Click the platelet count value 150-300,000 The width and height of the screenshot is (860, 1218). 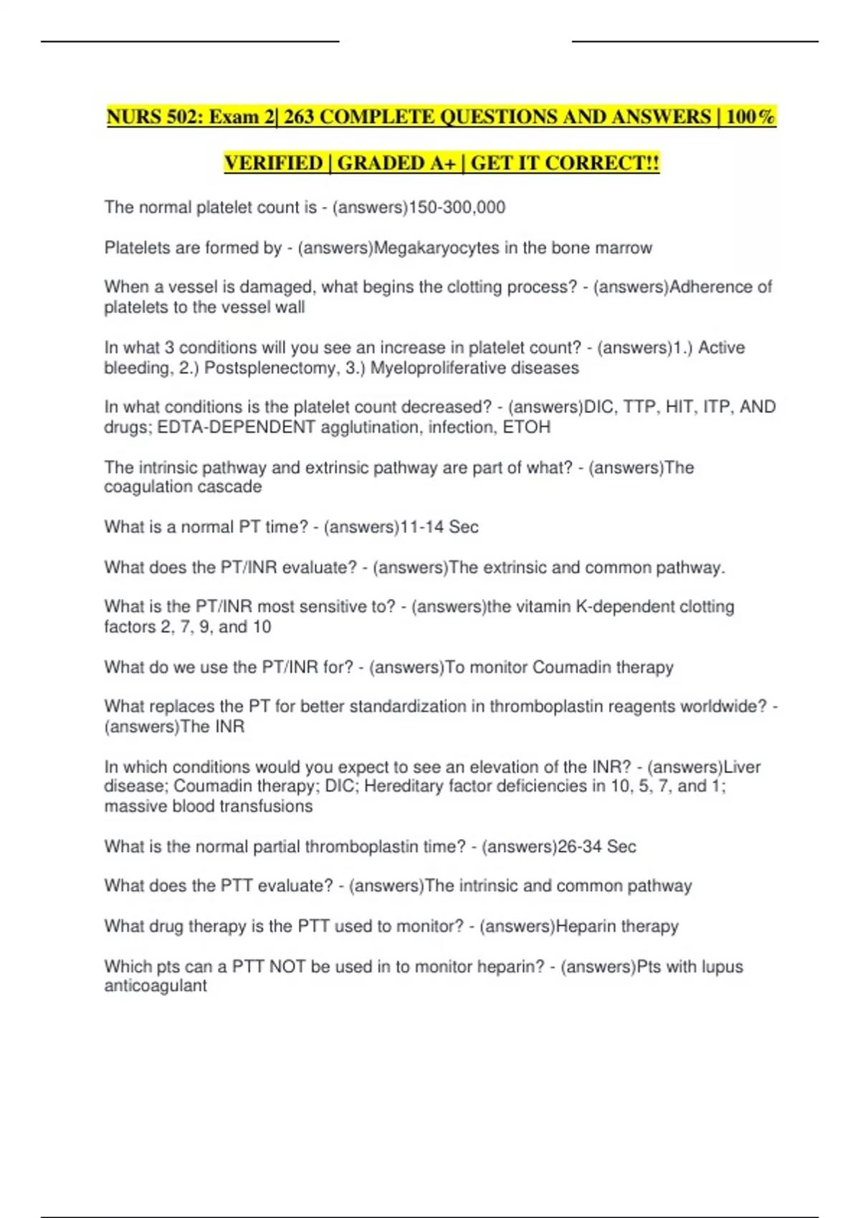click(457, 208)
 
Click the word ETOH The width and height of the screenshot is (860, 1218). click(527, 428)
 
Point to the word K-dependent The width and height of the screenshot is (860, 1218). click(626, 607)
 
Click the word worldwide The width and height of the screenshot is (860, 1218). click(723, 706)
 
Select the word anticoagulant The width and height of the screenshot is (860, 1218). click(156, 986)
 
